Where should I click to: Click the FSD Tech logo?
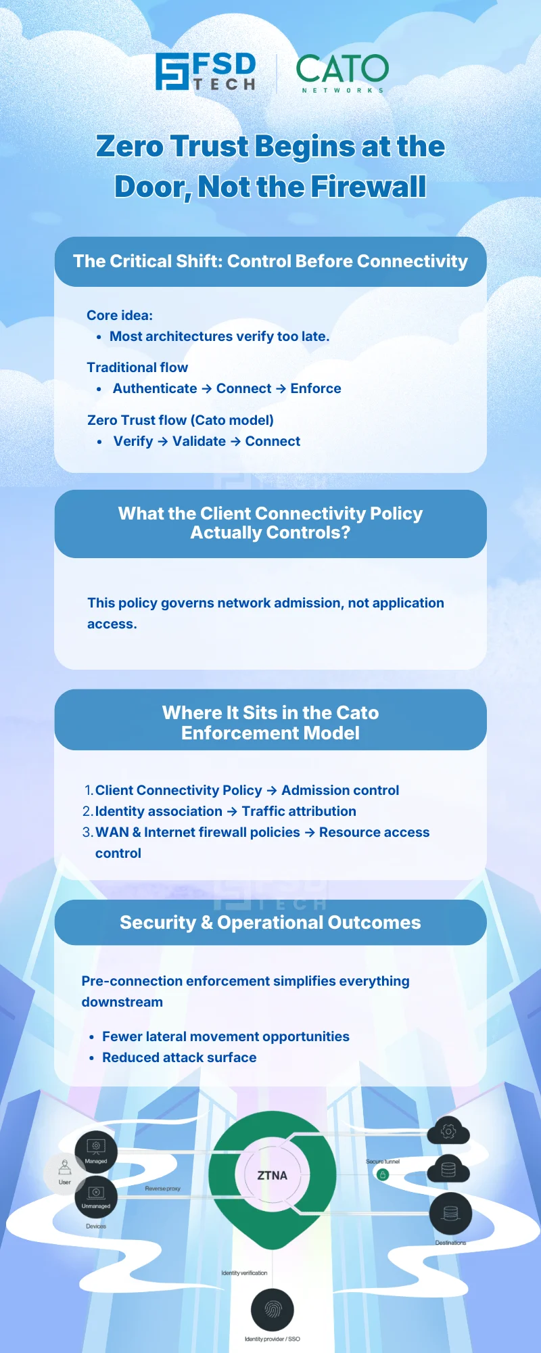206,72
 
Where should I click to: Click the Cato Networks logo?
342,72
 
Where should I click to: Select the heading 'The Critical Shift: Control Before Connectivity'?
270,261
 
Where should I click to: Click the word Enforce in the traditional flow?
316,388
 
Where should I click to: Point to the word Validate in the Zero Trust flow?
199,441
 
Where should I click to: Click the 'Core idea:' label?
120,315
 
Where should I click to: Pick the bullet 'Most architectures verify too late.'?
219,336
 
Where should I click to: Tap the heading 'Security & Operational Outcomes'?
270,923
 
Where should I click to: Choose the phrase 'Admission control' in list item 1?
340,790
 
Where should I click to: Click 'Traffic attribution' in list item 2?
299,811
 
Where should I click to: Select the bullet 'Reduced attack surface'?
179,1057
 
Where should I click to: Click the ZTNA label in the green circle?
272,1175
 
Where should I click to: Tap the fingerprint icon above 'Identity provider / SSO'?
272,1310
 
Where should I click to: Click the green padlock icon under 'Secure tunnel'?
383,1174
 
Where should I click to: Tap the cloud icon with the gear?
448,1130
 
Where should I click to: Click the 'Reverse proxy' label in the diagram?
163,1189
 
